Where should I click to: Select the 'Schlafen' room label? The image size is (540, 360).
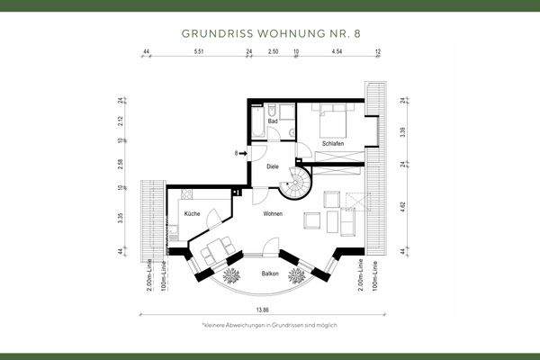[333, 144]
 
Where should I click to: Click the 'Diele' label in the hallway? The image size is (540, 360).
[272, 166]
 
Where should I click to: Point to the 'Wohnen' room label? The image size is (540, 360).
[273, 214]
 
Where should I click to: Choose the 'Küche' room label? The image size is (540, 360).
[192, 214]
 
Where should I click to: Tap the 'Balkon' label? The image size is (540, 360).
[270, 274]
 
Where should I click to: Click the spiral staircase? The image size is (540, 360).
[294, 185]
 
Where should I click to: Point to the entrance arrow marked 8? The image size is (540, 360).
[240, 154]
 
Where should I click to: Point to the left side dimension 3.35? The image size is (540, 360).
[119, 217]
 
